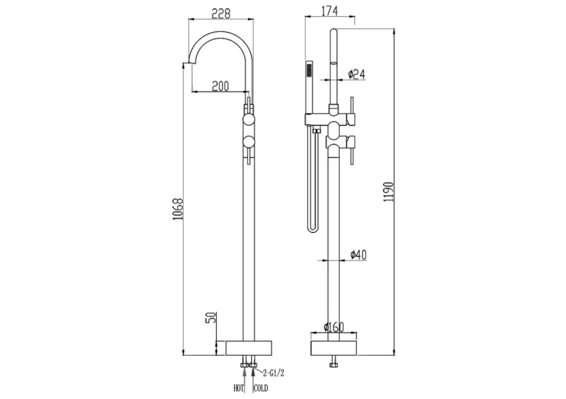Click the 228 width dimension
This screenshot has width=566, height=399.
pos(221,14)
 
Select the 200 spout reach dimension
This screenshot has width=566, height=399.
pos(220,86)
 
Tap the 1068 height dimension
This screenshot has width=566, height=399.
pos(178,210)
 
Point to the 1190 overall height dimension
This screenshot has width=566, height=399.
pos(389,192)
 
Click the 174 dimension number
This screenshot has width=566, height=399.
pos(329,11)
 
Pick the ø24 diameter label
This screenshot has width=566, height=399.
pos(357,74)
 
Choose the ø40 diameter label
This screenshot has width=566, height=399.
pos(358,255)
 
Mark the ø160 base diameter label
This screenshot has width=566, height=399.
pos(334,327)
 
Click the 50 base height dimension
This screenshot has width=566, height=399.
pos(212,317)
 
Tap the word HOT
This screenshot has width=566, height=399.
pos(239,388)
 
